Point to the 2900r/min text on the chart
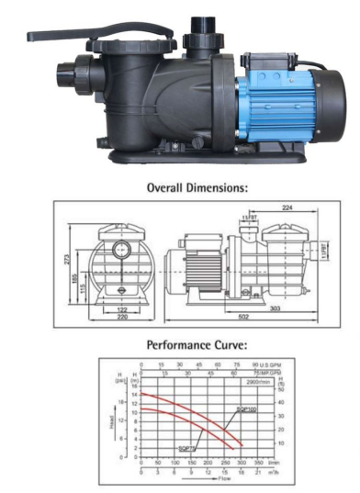[257, 379]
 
